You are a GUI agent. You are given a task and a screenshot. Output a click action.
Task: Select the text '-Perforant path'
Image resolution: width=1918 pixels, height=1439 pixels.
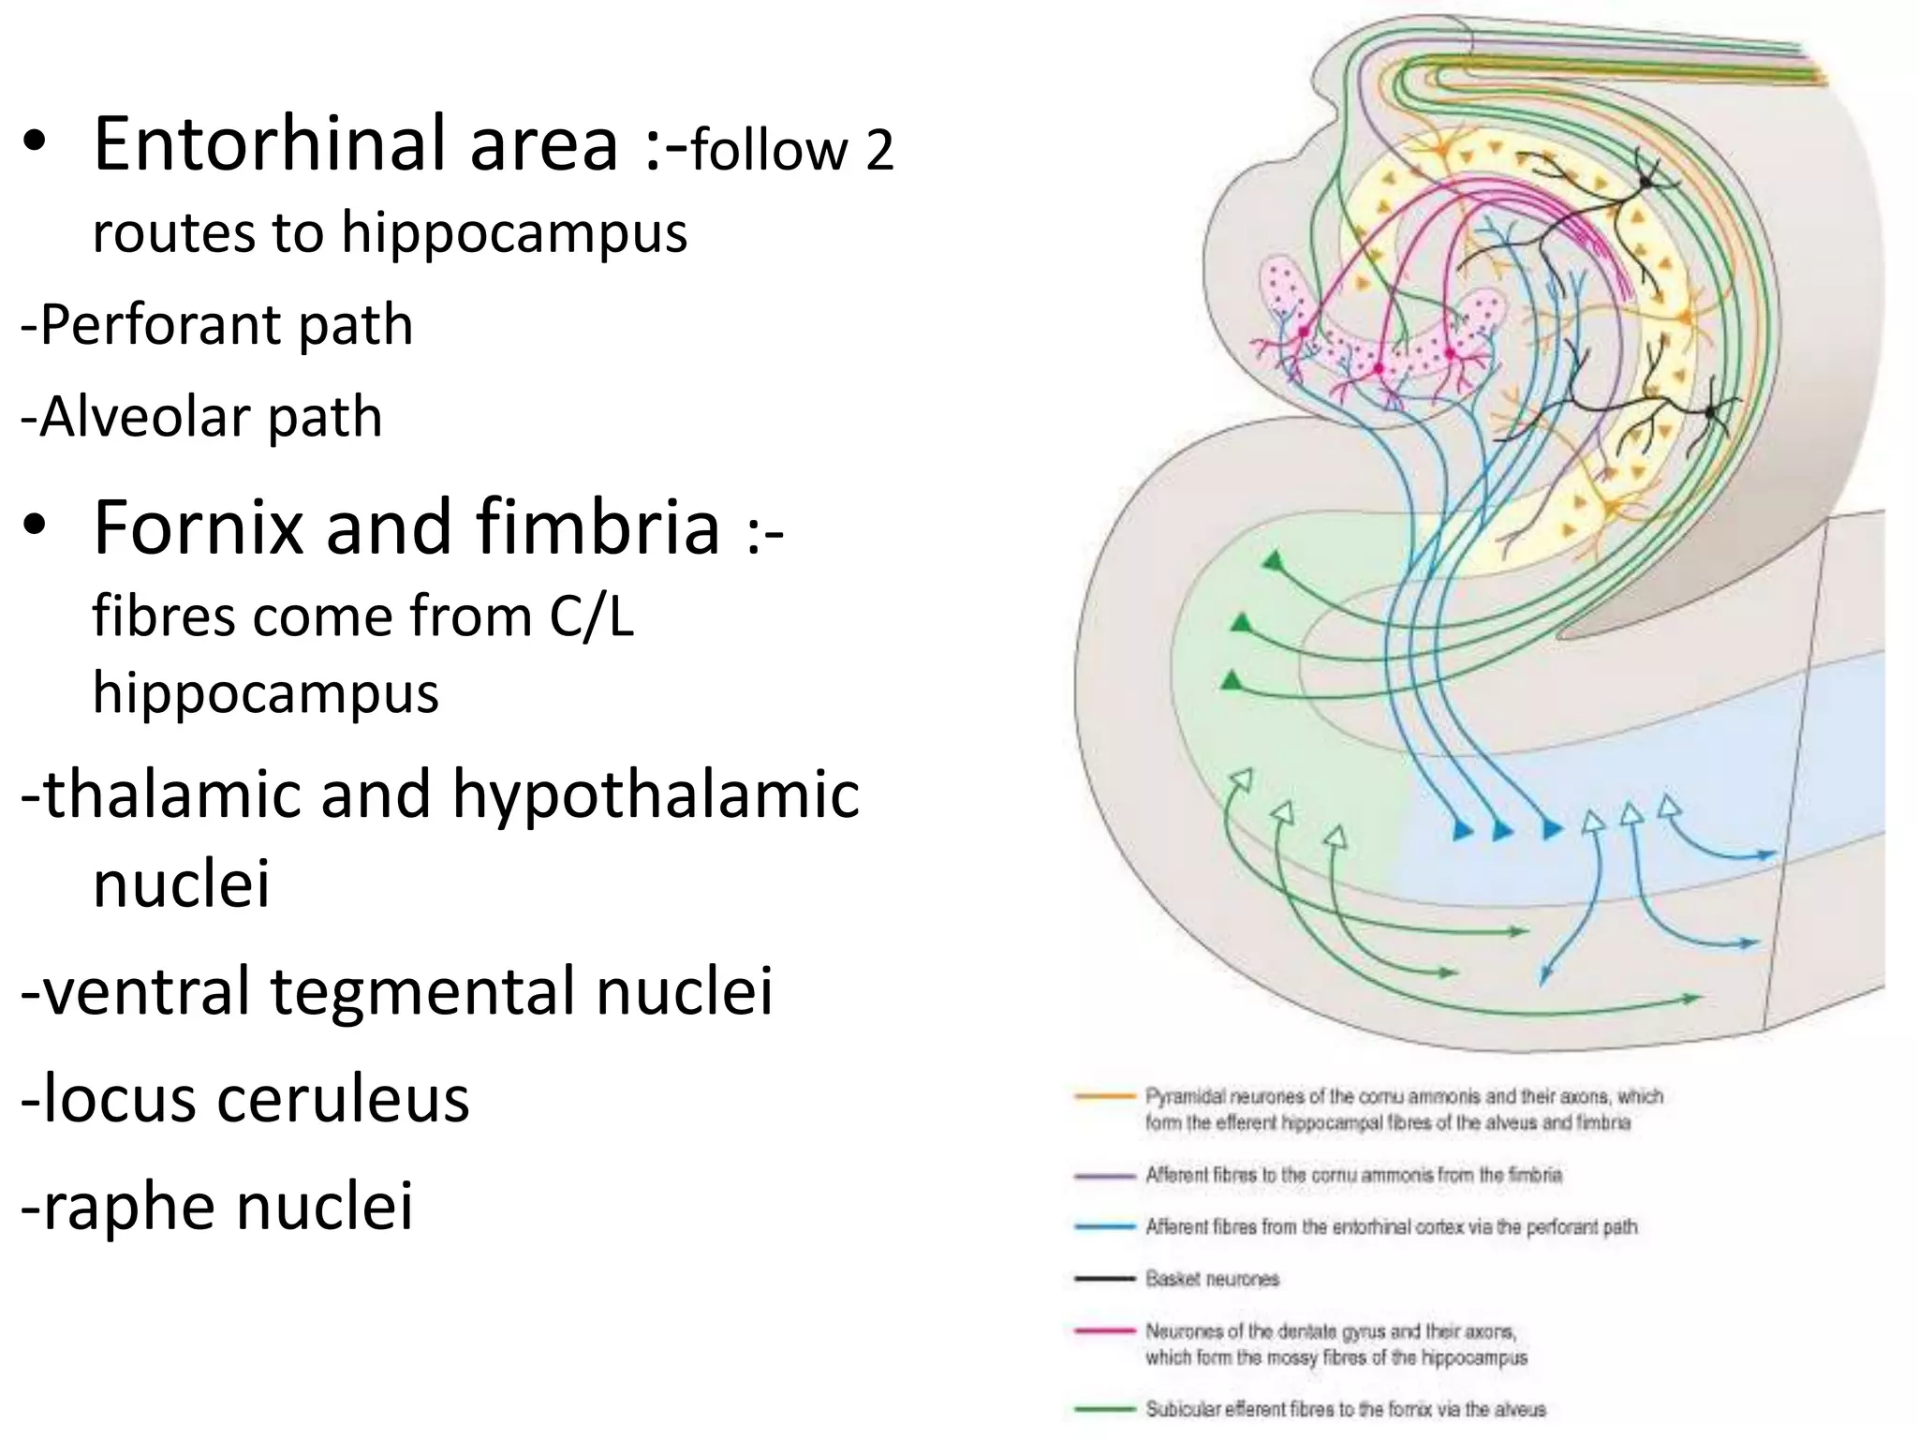[216, 325]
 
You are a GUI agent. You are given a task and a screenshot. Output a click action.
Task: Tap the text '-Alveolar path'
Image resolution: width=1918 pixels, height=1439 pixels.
[201, 417]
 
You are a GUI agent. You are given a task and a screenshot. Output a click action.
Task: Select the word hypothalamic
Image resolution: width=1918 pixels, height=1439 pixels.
[656, 794]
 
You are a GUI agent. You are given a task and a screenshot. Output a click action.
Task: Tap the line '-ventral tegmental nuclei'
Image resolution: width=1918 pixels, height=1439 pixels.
[397, 991]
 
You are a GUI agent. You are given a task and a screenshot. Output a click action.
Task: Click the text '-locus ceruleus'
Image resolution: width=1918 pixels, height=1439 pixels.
[244, 1099]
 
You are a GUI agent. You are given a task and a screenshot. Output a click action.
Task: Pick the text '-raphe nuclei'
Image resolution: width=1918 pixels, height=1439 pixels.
[216, 1206]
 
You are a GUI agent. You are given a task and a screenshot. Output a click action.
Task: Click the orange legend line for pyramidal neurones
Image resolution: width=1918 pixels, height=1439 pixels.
[1105, 1095]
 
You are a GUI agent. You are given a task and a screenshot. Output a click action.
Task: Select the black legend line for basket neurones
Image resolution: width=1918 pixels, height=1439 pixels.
[1105, 1279]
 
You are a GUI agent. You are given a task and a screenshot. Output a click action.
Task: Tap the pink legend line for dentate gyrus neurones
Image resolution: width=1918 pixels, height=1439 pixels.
[1105, 1331]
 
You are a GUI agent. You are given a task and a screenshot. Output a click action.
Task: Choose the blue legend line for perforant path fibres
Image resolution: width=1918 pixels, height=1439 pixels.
[1105, 1226]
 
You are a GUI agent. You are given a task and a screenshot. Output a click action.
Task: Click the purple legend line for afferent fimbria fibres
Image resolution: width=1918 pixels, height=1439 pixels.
[1105, 1175]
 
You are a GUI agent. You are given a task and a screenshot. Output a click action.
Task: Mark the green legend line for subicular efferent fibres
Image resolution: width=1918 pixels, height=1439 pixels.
[1105, 1408]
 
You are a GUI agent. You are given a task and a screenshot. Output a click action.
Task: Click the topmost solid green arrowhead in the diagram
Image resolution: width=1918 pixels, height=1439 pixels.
[1273, 562]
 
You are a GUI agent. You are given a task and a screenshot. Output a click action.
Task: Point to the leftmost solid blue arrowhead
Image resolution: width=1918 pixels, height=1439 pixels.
[1462, 829]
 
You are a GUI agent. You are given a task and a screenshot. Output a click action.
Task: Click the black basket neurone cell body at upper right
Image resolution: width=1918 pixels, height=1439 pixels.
[1645, 183]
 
